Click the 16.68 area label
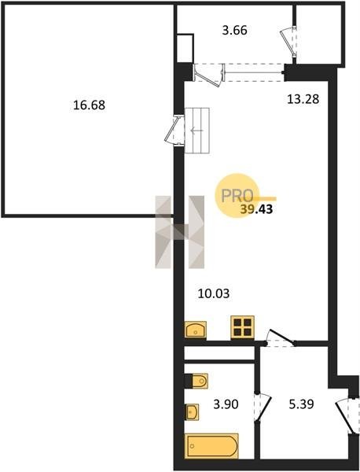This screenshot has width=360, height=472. pos(89,105)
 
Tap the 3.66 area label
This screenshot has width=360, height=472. pos(234,31)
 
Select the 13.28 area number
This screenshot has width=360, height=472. pos(303,99)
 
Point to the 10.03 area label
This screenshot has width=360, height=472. pos(214,293)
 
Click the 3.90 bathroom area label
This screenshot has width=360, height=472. pos(226,404)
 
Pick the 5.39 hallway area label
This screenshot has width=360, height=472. pos(301,404)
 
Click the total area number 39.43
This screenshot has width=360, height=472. pos(256,209)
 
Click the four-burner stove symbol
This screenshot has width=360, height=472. pos(242,327)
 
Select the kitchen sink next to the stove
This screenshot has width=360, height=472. pos(196,330)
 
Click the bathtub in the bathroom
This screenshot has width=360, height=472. pos(211,446)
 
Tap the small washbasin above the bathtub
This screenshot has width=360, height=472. pos(192,412)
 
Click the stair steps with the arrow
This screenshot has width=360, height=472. pos(197,131)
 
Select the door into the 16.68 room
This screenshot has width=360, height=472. pos(174,130)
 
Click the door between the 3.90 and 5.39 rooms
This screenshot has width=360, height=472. pos(263,407)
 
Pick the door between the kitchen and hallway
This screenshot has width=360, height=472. pos(281,338)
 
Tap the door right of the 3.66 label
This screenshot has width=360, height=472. pos(288,41)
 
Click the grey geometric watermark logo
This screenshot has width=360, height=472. pos(179,232)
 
